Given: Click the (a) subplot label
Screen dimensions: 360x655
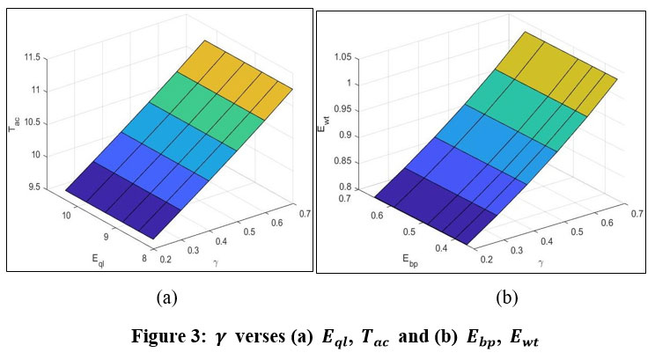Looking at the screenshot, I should tap(167, 298).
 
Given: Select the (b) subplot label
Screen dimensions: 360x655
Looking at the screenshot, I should tap(505, 298).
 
